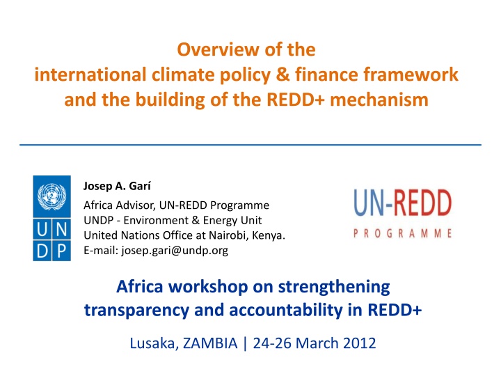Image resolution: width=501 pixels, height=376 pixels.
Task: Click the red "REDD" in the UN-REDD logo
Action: point(421,203)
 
